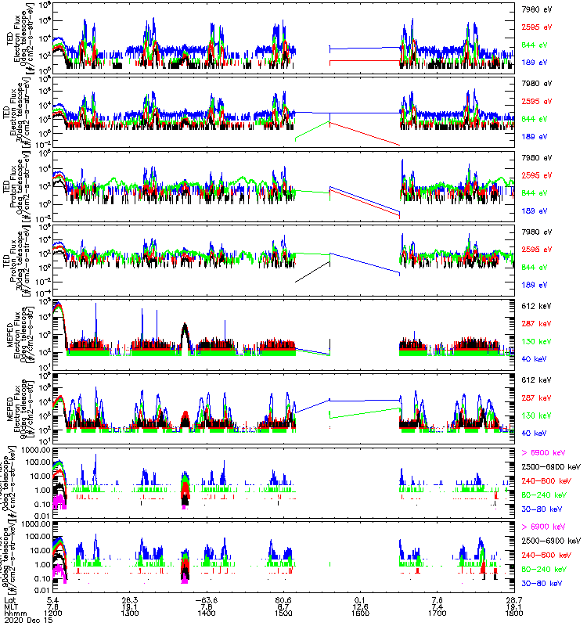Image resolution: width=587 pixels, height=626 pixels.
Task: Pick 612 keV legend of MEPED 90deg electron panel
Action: [x=535, y=379]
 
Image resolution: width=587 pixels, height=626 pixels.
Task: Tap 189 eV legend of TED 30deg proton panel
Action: [x=535, y=285]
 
